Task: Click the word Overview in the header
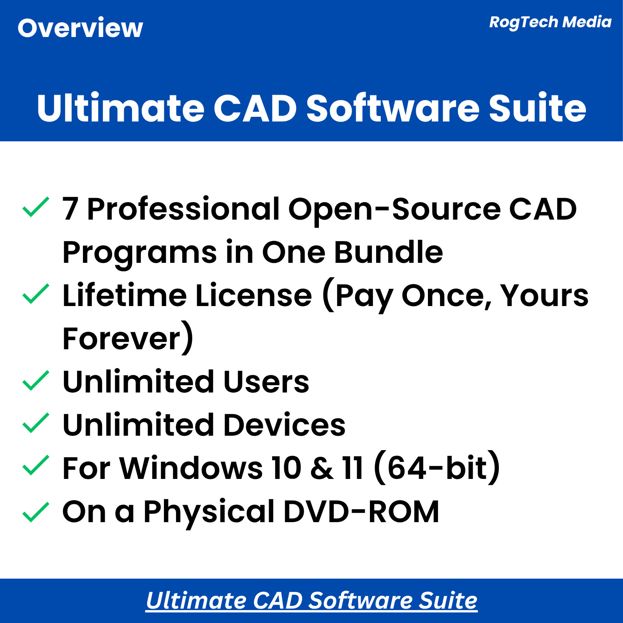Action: (x=80, y=28)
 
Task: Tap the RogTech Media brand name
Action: (x=550, y=22)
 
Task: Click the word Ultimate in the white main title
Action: (x=121, y=108)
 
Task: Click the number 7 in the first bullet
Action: (x=70, y=209)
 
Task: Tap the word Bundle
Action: (x=389, y=252)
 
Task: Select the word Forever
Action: (x=122, y=338)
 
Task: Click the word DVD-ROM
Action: (x=361, y=511)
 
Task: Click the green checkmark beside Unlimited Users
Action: (x=35, y=380)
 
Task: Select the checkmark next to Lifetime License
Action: (x=35, y=294)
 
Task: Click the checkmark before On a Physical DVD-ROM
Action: (x=35, y=512)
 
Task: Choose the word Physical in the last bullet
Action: (x=209, y=511)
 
